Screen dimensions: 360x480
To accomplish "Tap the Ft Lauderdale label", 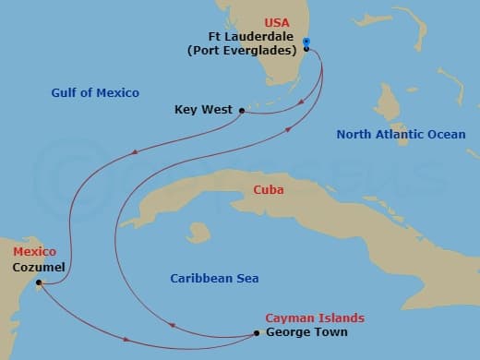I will click(250, 37).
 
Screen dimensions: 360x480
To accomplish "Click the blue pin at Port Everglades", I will click(306, 42).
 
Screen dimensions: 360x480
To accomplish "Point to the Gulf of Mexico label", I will click(96, 92).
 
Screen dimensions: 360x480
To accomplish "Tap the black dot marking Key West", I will click(242, 111).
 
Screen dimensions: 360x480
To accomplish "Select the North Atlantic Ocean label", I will click(401, 135).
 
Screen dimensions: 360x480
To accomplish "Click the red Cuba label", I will click(269, 190).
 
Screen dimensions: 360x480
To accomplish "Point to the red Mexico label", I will click(34, 251).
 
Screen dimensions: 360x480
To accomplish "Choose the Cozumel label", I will click(40, 267).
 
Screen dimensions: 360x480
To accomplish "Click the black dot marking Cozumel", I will click(38, 283).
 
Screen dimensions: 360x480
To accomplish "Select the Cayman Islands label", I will click(315, 318).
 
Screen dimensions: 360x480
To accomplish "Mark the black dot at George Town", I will click(258, 332).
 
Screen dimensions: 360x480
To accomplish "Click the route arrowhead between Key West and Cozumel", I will click(136, 153).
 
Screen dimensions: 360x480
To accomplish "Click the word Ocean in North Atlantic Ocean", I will click(446, 135).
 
